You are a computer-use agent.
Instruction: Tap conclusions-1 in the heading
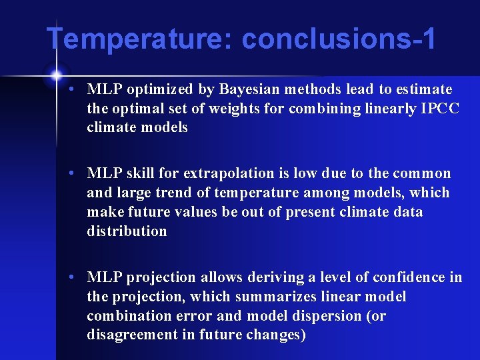pyautogui.click(x=339, y=39)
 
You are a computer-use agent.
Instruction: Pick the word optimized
pyautogui.click(x=157, y=89)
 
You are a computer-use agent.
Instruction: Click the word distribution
pyautogui.click(x=127, y=231)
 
